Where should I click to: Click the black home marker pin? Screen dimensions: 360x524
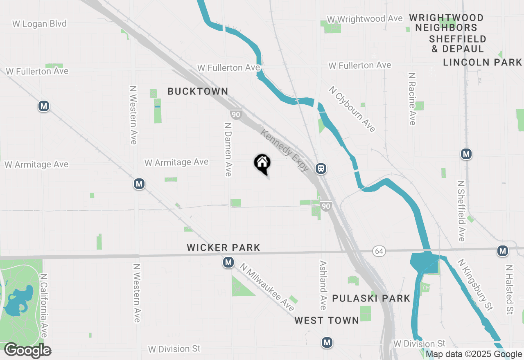[262, 164]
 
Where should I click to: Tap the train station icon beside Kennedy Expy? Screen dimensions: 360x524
[321, 168]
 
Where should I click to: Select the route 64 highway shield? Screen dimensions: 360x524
[378, 251]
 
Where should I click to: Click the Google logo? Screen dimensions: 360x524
[27, 350]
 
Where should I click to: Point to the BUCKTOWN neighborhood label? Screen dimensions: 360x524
[198, 91]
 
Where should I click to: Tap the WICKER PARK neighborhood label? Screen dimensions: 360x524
[224, 248]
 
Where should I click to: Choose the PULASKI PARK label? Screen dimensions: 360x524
[371, 298]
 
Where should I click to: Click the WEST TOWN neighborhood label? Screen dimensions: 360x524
[327, 320]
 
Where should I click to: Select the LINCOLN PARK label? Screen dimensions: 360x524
[483, 62]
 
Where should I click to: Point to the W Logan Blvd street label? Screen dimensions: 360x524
[39, 24]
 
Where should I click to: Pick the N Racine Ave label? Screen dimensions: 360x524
[412, 99]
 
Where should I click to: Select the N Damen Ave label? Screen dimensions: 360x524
[228, 148]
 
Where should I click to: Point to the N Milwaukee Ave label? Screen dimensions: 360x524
[267, 287]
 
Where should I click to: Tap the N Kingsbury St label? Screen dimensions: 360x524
[475, 285]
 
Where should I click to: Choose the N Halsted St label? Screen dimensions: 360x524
[509, 290]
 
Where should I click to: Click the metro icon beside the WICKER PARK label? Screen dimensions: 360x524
[228, 262]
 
